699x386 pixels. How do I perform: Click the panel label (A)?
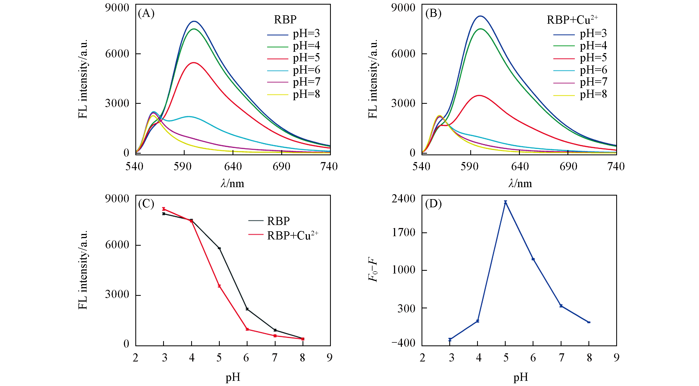coord(146,13)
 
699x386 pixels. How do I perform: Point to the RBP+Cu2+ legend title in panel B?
coord(572,20)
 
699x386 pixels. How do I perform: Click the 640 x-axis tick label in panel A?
coord(233,166)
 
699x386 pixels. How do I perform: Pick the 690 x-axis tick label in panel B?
coord(568,166)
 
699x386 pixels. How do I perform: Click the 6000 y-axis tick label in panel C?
coord(117,245)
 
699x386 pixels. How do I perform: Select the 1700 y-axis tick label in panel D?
coord(404,232)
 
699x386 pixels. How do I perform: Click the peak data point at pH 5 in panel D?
coord(505,202)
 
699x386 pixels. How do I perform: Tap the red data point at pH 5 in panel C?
coord(219,286)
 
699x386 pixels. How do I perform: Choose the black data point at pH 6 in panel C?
coord(247,309)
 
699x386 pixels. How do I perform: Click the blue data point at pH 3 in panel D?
coord(450,339)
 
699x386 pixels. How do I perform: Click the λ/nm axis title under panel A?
coord(233,184)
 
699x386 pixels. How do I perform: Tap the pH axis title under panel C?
coord(233,377)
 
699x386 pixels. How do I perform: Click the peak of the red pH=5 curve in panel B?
coord(479,95)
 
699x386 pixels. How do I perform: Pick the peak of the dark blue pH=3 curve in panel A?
coord(194,21)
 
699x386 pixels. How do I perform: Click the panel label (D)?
coord(433,204)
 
